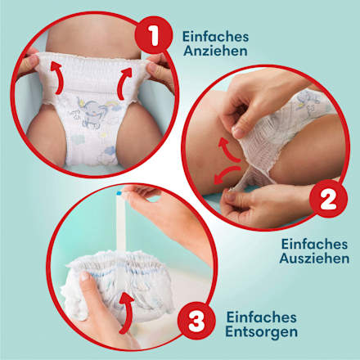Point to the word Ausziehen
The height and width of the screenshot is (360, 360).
pyautogui.click(x=314, y=259)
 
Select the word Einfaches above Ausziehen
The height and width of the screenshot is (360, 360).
pyautogui.click(x=314, y=243)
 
